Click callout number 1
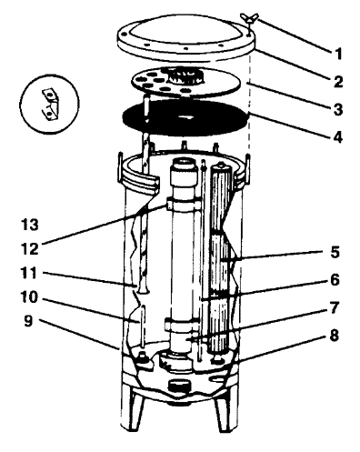338,54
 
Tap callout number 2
338,82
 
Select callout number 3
338,109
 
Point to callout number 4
338,137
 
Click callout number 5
335,252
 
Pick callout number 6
335,280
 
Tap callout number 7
335,307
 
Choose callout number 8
335,336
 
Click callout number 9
28,321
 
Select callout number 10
29,297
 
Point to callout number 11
29,273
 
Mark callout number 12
30,249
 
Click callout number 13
30,225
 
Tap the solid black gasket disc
185,118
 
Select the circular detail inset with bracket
50,104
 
